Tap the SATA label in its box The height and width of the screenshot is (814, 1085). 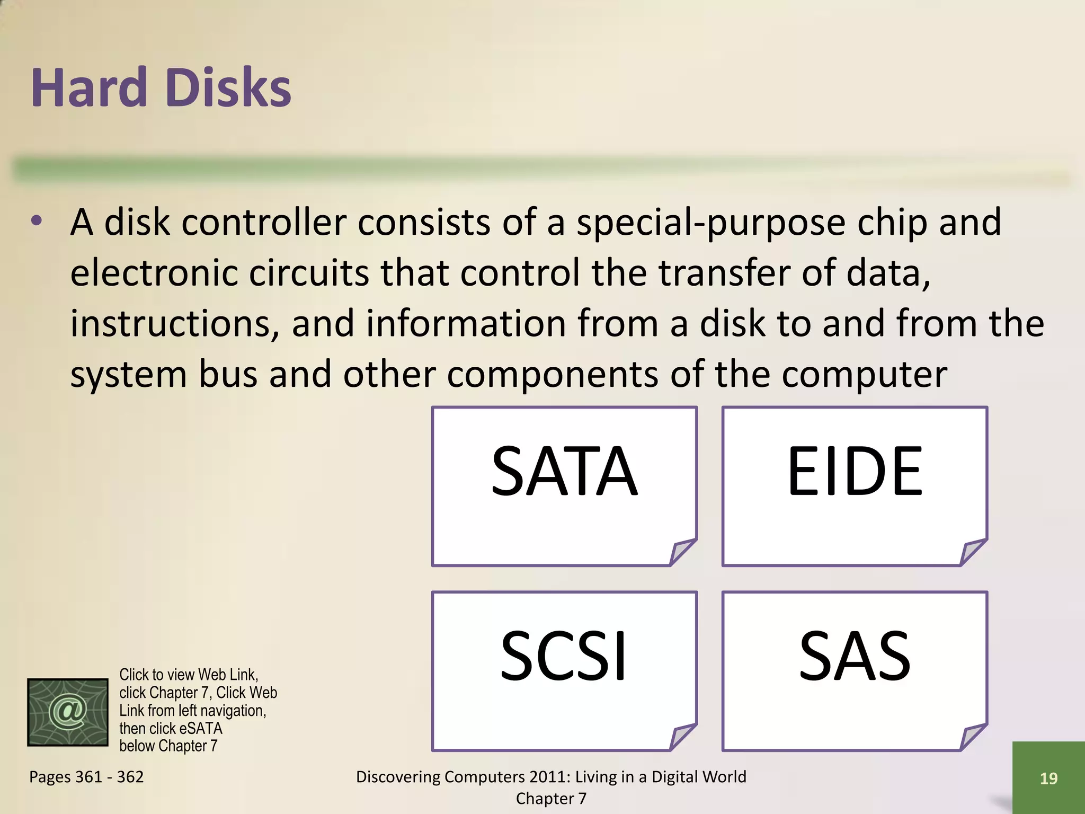tap(564, 471)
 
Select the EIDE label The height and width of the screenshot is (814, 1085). tap(855, 471)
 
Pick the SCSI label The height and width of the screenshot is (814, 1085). tap(564, 656)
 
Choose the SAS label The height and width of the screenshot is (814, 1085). tap(855, 656)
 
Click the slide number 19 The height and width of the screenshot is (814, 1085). tap(1048, 778)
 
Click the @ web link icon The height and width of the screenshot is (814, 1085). tap(68, 712)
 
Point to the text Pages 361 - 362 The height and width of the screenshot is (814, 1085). tap(86, 777)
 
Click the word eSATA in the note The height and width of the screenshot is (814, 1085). tap(201, 729)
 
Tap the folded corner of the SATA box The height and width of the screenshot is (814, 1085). tap(682, 552)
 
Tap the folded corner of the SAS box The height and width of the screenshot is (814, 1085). tap(973, 737)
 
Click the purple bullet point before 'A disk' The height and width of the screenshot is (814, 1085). tap(36, 222)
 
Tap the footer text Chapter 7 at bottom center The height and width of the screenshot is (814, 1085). tap(551, 799)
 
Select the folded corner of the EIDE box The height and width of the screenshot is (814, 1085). tap(973, 552)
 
